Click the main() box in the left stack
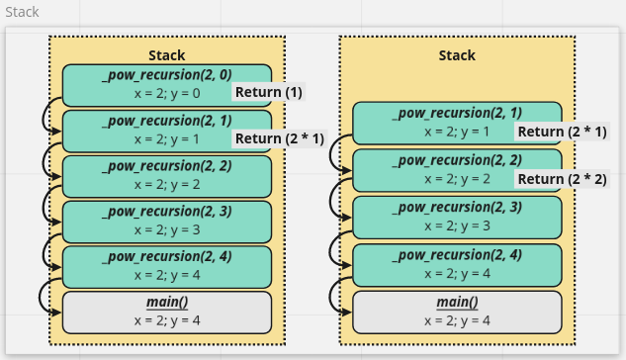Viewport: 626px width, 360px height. pos(166,312)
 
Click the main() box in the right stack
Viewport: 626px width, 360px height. pos(457,312)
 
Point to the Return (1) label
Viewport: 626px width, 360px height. pos(267,92)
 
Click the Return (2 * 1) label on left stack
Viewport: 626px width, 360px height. pos(280,138)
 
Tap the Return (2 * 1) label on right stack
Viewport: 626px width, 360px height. pos(562,132)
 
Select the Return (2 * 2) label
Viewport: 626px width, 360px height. pos(562,179)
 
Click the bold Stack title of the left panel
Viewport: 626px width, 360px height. pos(166,55)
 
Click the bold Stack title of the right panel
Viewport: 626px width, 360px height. pos(457,55)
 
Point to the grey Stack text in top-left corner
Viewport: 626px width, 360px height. pos(23,12)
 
